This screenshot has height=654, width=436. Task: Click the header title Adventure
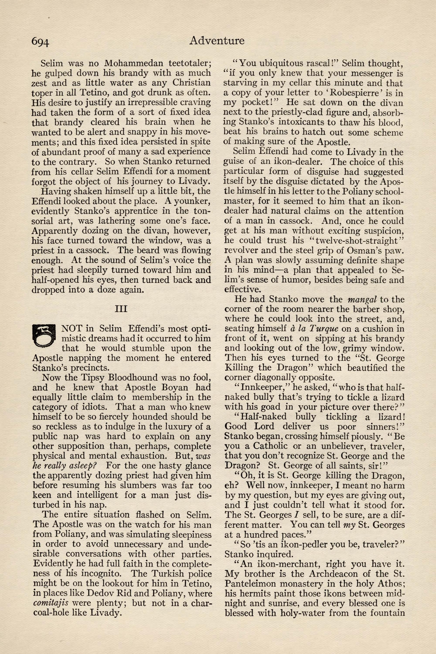[x=217, y=41]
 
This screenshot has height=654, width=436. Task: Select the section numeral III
[x=121, y=309]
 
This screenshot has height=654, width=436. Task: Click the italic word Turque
[x=323, y=329]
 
